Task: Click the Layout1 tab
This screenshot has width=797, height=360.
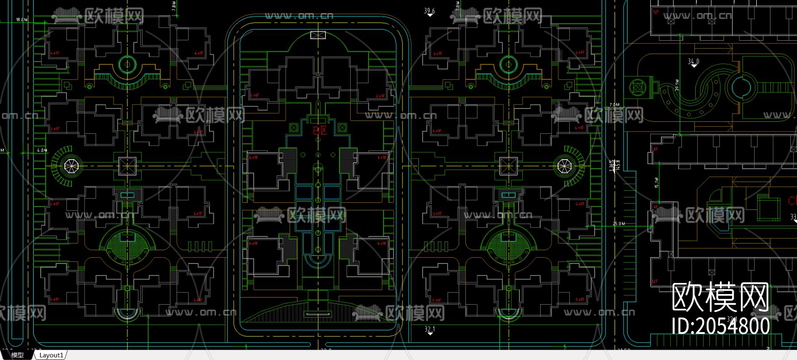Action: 51,355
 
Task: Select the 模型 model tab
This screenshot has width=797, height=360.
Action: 17,355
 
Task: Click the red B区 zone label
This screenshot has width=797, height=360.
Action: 320,131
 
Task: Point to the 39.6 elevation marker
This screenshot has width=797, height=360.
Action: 429,11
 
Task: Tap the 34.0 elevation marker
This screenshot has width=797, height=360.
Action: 693,62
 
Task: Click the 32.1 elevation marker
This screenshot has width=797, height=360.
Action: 429,329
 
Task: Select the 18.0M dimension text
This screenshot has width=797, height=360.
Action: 22,20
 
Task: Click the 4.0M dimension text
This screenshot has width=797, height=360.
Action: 42,151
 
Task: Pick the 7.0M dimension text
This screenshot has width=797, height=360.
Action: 615,105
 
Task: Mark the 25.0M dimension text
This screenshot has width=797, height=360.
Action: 619,224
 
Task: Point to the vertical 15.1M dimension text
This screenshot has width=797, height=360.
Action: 656,182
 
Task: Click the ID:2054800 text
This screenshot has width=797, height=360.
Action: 720,326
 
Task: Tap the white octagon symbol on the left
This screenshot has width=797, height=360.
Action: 70,166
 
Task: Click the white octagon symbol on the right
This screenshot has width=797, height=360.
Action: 564,166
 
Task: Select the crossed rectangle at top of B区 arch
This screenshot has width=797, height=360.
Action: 318,35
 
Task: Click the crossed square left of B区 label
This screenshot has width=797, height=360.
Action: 294,128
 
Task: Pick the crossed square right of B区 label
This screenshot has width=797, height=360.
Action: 342,128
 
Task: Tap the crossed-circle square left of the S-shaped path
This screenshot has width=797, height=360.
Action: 637,88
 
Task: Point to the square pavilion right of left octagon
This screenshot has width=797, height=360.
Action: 127,166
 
